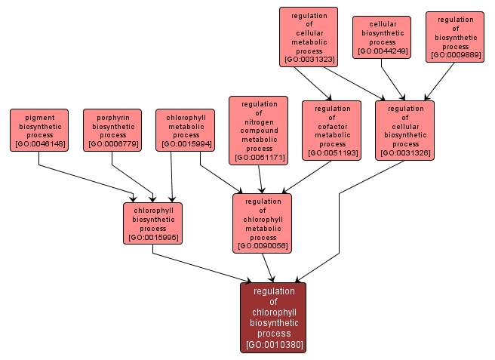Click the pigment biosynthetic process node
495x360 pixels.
(x=39, y=130)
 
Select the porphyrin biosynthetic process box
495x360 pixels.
(x=112, y=130)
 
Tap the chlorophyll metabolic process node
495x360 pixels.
(x=186, y=130)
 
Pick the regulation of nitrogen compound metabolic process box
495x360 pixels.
(x=258, y=130)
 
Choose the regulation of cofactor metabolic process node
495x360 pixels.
(x=332, y=130)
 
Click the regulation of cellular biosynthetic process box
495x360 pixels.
(x=405, y=130)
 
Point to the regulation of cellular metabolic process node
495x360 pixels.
(x=309, y=36)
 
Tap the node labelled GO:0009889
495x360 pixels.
(x=455, y=36)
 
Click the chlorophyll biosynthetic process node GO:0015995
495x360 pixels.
(x=153, y=223)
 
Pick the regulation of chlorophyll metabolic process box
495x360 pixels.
(x=263, y=223)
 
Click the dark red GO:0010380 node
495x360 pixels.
(x=273, y=317)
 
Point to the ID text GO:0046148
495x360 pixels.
(x=39, y=144)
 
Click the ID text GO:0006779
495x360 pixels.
(x=112, y=144)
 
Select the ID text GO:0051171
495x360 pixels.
(x=258, y=158)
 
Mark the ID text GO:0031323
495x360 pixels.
(x=309, y=59)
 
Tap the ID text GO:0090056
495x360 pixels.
(x=263, y=245)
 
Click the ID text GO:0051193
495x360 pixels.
(x=332, y=153)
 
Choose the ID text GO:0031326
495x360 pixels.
(x=405, y=153)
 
